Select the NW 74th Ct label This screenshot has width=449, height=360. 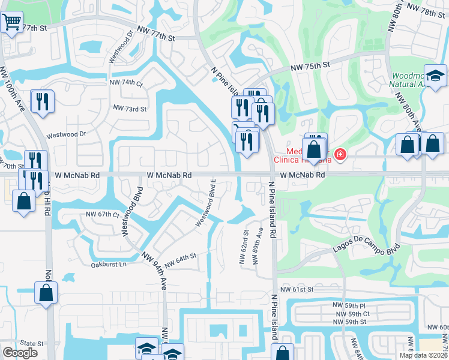(x=126, y=82)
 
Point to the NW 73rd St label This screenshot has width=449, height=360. (x=130, y=109)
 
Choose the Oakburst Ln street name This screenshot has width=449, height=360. (x=109, y=264)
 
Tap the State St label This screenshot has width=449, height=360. (x=33, y=344)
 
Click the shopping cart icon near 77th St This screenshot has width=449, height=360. (x=11, y=24)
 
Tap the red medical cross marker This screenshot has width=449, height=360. (x=340, y=155)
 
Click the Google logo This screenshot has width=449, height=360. (x=20, y=353)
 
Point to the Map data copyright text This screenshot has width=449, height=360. (x=423, y=355)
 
